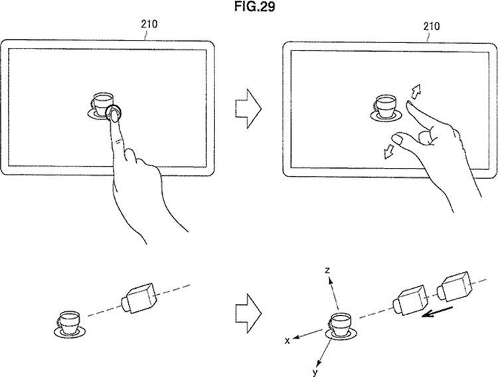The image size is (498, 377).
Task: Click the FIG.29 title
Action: pyautogui.click(x=254, y=7)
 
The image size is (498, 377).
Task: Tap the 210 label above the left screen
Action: pyautogui.click(x=149, y=24)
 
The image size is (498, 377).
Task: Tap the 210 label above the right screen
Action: pyautogui.click(x=432, y=27)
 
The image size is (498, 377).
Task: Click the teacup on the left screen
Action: pyautogui.click(x=101, y=106)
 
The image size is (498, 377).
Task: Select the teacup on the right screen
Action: pyautogui.click(x=386, y=108)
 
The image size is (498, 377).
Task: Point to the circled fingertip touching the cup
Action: pyautogui.click(x=114, y=113)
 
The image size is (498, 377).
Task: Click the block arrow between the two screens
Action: pyautogui.click(x=248, y=109)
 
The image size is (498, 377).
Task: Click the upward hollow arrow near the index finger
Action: pyautogui.click(x=416, y=91)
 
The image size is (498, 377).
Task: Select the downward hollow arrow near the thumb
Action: pyautogui.click(x=388, y=151)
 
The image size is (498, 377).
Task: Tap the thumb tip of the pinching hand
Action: pyautogui.click(x=396, y=138)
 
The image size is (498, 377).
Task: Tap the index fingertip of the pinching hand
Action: pyautogui.click(x=410, y=104)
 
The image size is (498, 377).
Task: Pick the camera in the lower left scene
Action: pyautogui.click(x=139, y=298)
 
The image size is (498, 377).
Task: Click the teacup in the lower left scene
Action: pyautogui.click(x=70, y=324)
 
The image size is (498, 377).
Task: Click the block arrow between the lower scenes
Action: pyautogui.click(x=248, y=313)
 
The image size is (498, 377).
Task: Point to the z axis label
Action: pyautogui.click(x=327, y=270)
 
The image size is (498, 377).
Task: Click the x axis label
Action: pyautogui.click(x=288, y=341)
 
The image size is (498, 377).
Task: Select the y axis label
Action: pyautogui.click(x=315, y=372)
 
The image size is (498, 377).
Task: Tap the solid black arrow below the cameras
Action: pyautogui.click(x=436, y=312)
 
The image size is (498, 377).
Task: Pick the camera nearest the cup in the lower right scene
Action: pyautogui.click(x=410, y=300)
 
